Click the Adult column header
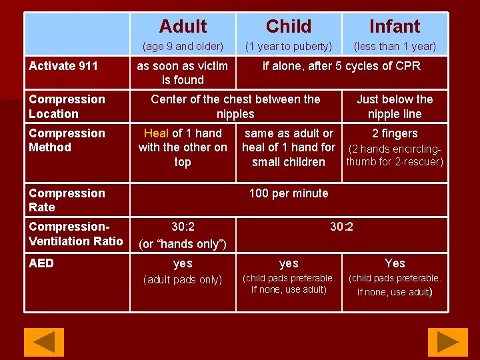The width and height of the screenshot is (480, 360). pyautogui.click(x=183, y=27)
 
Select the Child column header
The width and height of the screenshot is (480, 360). pyautogui.click(x=288, y=27)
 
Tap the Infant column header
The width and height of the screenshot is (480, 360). pyautogui.click(x=395, y=27)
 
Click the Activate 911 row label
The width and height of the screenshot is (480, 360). pyautogui.click(x=63, y=66)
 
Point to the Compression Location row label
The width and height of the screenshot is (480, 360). pyautogui.click(x=67, y=107)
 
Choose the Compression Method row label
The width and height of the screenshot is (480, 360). pyautogui.click(x=67, y=140)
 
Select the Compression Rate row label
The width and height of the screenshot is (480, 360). pyautogui.click(x=67, y=200)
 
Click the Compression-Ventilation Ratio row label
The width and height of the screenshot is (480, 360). pyautogui.click(x=75, y=233)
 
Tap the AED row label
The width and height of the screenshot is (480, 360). pyautogui.click(x=41, y=263)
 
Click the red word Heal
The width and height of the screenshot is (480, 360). pyautogui.click(x=156, y=133)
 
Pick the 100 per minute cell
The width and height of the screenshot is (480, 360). pyautogui.click(x=288, y=193)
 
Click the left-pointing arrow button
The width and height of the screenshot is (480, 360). pyautogui.click(x=44, y=342)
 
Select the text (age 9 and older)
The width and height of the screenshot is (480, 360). pyautogui.click(x=183, y=47)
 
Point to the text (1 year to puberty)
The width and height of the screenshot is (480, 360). pyautogui.click(x=288, y=47)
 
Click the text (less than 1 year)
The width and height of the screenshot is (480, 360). pyautogui.click(x=395, y=47)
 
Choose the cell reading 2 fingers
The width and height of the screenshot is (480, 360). pyautogui.click(x=395, y=133)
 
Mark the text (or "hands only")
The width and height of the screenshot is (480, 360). pyautogui.click(x=183, y=244)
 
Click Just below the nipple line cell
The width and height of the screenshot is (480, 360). pyautogui.click(x=395, y=107)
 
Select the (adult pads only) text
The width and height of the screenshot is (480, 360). pyautogui.click(x=183, y=280)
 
